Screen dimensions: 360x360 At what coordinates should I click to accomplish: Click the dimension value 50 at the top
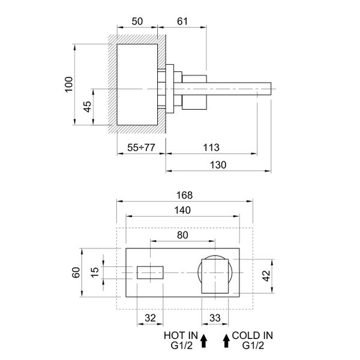click(137, 22)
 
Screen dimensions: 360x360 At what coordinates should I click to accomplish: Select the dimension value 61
click(182, 22)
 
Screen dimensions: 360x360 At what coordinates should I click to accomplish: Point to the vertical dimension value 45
click(88, 107)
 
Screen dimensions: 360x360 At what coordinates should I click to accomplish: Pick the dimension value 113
click(211, 148)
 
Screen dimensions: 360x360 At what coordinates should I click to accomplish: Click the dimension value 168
click(184, 195)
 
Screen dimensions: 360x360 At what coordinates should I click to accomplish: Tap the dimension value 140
click(182, 210)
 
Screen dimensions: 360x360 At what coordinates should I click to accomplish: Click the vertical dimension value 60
click(76, 272)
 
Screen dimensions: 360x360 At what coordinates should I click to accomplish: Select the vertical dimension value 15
click(95, 272)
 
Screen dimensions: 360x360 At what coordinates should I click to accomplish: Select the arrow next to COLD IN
click(226, 340)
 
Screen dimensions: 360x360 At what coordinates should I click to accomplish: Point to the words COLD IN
click(254, 335)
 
